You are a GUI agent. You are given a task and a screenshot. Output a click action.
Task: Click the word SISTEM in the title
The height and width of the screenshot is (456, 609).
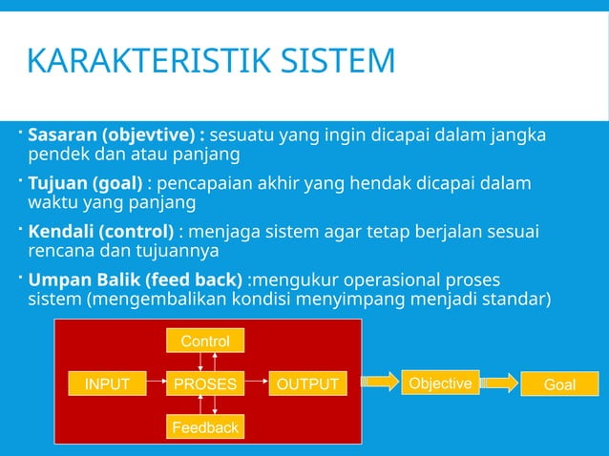coord(333,61)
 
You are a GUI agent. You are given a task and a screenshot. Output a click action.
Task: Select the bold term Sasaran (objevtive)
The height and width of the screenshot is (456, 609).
coord(117,135)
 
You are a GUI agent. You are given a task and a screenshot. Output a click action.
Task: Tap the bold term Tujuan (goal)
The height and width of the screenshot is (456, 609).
coord(85,183)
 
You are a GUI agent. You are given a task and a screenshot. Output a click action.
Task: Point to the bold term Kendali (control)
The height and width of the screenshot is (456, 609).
coord(100,232)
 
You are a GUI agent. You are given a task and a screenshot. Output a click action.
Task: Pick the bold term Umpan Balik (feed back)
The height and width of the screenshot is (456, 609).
coord(135,280)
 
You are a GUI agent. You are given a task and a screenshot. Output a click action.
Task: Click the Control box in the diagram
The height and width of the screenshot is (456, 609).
coord(205,341)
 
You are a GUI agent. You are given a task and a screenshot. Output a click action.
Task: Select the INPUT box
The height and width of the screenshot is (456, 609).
coord(108,384)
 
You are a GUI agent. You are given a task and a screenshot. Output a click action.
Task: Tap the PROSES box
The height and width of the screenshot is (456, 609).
coord(205,384)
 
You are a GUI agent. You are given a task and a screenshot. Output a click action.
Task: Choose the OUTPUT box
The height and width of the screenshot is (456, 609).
coord(307,384)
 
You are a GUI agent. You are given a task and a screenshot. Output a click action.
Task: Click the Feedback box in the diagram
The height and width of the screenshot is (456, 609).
coord(205,427)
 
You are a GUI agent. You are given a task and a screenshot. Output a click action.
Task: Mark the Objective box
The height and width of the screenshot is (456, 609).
coord(440,383)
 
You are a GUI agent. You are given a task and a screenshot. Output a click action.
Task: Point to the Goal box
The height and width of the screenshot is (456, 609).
coord(559,384)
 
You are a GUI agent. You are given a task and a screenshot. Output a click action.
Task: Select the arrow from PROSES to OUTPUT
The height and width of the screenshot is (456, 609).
coord(256,384)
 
